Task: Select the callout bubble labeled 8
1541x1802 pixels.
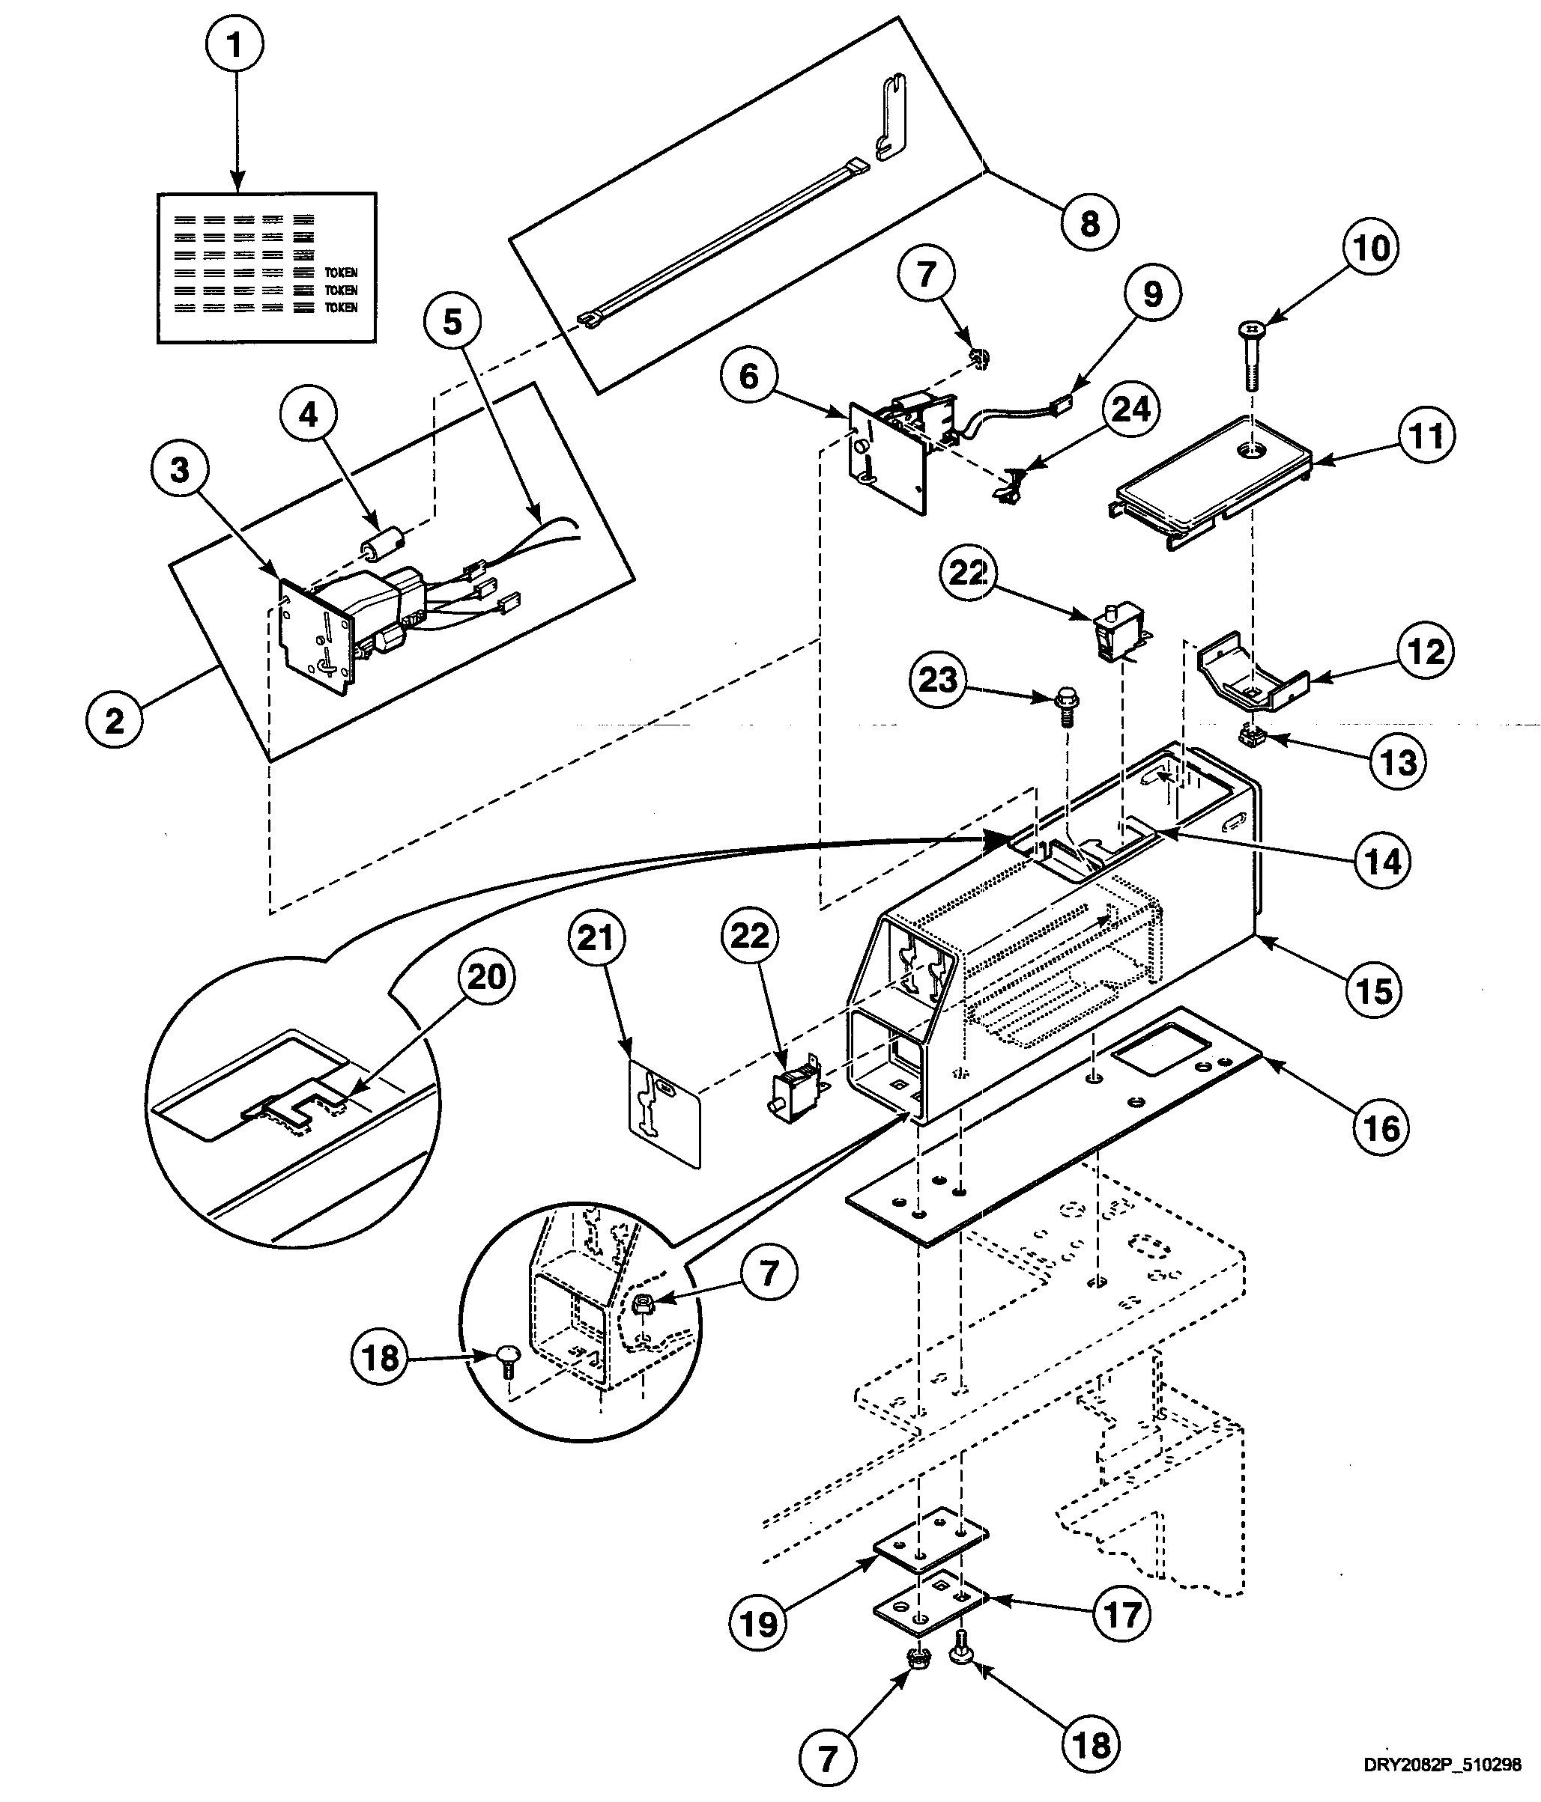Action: point(1089,225)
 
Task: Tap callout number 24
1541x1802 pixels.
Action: point(1131,409)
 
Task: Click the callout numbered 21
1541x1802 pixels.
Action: point(596,938)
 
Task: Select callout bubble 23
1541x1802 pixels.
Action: point(937,679)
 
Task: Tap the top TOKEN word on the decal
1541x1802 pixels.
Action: point(341,273)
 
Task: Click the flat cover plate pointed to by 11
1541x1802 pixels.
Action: point(1209,474)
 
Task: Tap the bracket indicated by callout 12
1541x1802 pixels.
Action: point(1253,675)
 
